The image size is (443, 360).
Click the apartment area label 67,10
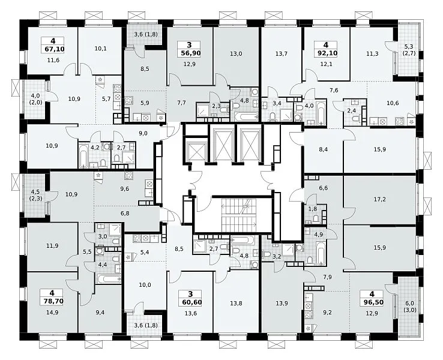click(55, 49)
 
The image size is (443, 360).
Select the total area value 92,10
click(327, 53)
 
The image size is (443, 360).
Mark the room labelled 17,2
click(380, 199)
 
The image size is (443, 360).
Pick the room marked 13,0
click(236, 53)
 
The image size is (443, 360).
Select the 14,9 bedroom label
click(53, 312)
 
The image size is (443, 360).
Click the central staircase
click(239, 215)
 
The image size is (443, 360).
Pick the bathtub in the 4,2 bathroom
click(83, 155)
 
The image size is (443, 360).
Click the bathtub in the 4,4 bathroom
click(109, 279)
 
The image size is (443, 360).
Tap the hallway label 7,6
click(334, 91)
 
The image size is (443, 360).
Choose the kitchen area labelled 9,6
click(125, 189)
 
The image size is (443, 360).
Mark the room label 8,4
click(323, 149)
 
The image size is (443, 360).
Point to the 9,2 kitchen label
click(327, 313)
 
